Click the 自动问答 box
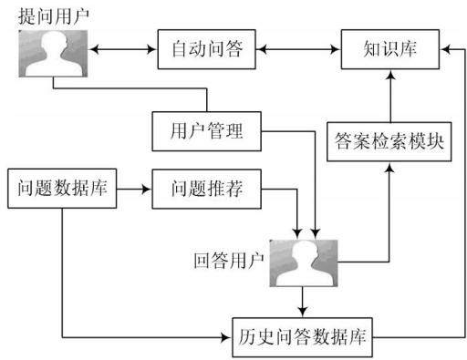pyautogui.click(x=206, y=49)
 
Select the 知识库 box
pyautogui.click(x=390, y=49)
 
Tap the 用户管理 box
pyautogui.click(x=206, y=131)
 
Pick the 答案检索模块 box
pyautogui.click(x=389, y=141)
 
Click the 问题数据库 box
pyautogui.click(x=62, y=189)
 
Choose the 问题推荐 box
pyautogui.click(x=206, y=189)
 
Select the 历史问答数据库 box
pyautogui.click(x=302, y=337)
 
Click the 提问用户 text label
pyautogui.click(x=54, y=15)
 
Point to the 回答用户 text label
pyautogui.click(x=229, y=261)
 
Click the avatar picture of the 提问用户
pyautogui.click(x=53, y=54)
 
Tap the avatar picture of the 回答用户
pyautogui.click(x=304, y=263)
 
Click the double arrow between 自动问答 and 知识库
pyautogui.click(x=298, y=49)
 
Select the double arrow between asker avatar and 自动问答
pyautogui.click(x=122, y=49)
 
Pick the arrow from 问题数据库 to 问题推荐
pyautogui.click(x=134, y=189)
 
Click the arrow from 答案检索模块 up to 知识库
pyautogui.click(x=390, y=96)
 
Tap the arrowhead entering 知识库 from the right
pyautogui.click(x=445, y=49)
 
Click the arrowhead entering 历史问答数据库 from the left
pyautogui.click(x=227, y=337)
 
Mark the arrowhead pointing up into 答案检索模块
pyautogui.click(x=389, y=167)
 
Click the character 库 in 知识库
pyautogui.click(x=408, y=49)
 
